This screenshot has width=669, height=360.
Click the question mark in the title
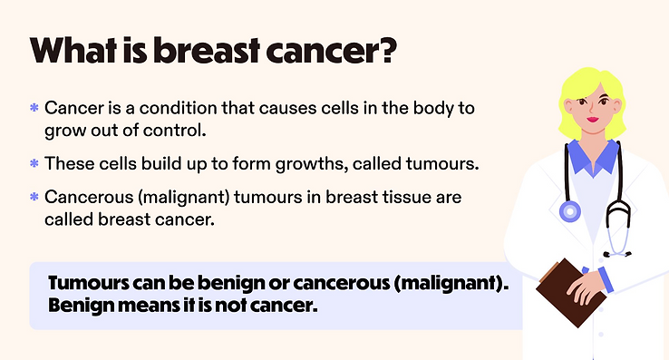(387, 51)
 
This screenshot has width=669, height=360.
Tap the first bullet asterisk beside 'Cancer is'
(34, 108)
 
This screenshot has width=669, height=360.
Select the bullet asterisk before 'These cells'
(34, 163)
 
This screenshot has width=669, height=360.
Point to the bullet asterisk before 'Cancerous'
(34, 197)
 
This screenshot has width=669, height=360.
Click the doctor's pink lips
(593, 119)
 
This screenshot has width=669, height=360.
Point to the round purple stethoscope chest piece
(570, 212)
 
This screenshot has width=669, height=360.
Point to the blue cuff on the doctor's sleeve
(606, 279)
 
